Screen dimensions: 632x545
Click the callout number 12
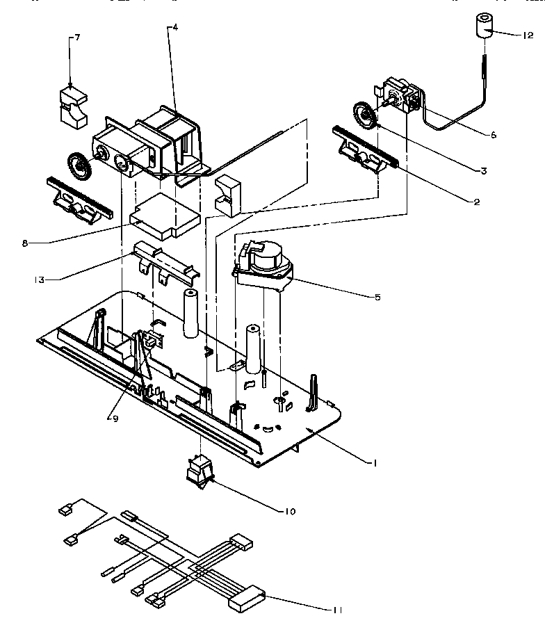pos(528,35)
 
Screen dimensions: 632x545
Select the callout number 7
pos(76,37)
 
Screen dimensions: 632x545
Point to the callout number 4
pos(175,27)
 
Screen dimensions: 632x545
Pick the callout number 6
pos(493,135)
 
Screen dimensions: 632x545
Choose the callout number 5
pos(377,297)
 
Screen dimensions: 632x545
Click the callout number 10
pos(290,511)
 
